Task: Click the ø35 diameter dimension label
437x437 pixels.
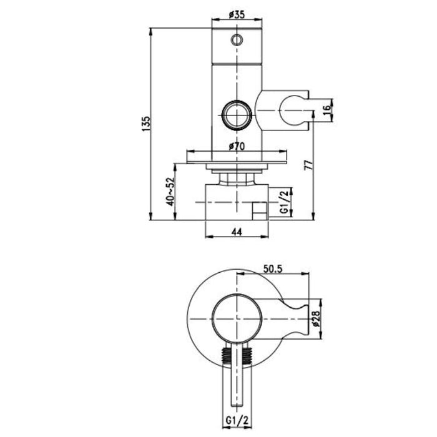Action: pyautogui.click(x=237, y=14)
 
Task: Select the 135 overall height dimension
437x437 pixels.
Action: pyautogui.click(x=146, y=124)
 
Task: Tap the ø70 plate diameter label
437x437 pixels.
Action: pyautogui.click(x=237, y=145)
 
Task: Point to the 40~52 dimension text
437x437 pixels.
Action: pyautogui.click(x=170, y=192)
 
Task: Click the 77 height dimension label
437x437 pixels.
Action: pyautogui.click(x=310, y=165)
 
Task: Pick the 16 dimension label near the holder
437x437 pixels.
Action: pyautogui.click(x=327, y=107)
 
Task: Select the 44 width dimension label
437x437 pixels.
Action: pyautogui.click(x=237, y=232)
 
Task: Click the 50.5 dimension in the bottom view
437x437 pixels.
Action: pyautogui.click(x=273, y=268)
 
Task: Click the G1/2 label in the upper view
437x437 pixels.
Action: pyautogui.click(x=284, y=202)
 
